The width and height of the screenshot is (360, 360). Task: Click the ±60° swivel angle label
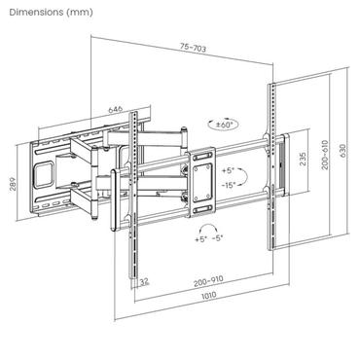227,125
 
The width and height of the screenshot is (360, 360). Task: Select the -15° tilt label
230,185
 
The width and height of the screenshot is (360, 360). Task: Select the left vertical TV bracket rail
134,195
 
